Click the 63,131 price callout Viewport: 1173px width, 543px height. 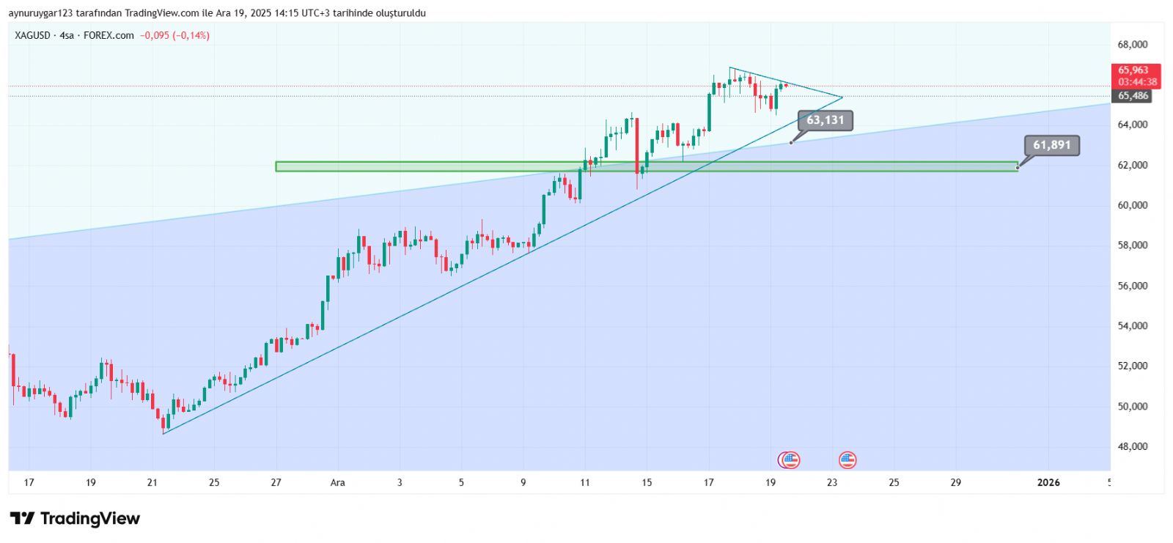pos(825,120)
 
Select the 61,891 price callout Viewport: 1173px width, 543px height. pos(1051,145)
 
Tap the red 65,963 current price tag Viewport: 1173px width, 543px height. pos(1133,71)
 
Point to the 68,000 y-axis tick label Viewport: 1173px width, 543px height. pos(1133,45)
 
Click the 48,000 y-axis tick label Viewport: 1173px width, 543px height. pos(1133,446)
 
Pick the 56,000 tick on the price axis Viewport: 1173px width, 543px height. pos(1133,286)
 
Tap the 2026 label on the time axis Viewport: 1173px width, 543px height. pos(1048,482)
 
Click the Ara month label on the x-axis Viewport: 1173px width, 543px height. pos(337,482)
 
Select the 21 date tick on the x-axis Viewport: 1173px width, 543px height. pos(152,482)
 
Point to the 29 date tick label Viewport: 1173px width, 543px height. pos(956,482)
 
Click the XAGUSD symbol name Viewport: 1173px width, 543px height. pos(33,35)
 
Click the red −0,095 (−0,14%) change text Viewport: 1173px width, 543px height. pos(175,35)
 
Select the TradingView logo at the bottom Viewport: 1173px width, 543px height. pos(75,519)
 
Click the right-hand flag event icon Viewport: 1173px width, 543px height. pos(847,460)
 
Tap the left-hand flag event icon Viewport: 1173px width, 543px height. pos(790,460)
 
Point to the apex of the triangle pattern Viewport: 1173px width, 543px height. pos(842,97)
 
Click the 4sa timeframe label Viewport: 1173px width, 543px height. pos(67,35)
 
